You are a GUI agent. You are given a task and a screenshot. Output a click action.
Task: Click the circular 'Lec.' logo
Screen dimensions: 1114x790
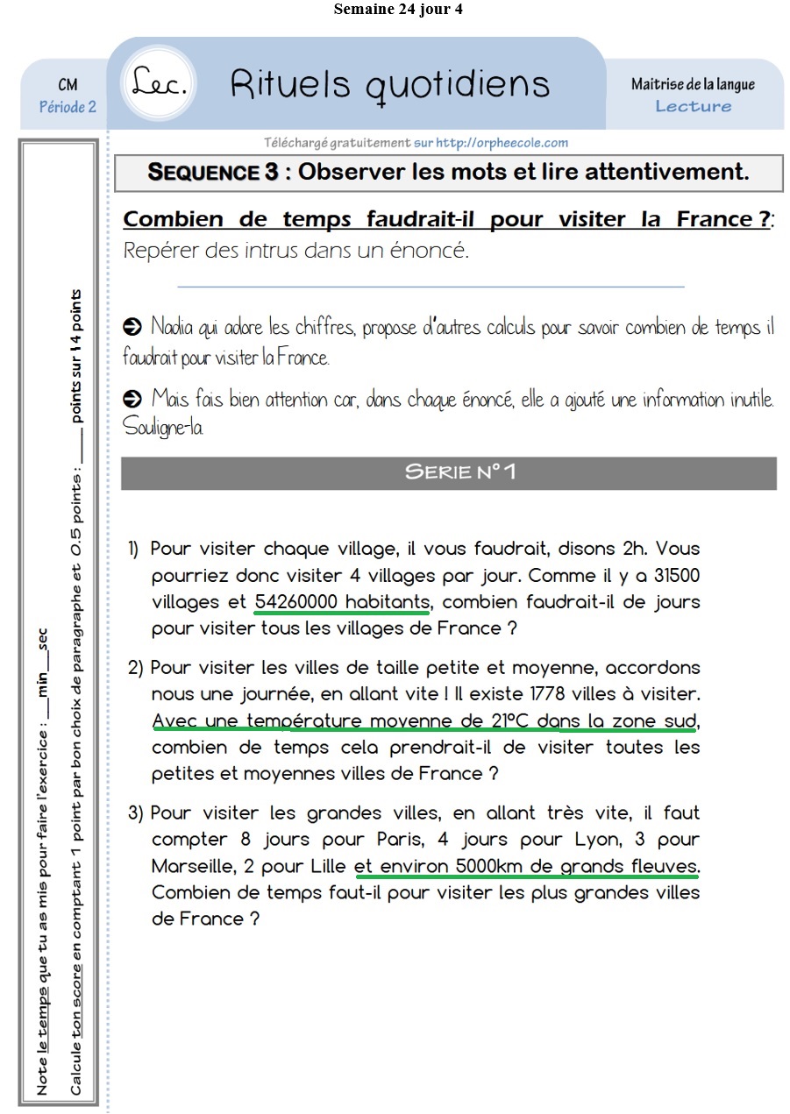click(x=160, y=82)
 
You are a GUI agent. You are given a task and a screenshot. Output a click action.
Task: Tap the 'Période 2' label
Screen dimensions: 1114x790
click(x=68, y=107)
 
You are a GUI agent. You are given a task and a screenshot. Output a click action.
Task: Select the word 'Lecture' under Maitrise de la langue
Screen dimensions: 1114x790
click(x=693, y=106)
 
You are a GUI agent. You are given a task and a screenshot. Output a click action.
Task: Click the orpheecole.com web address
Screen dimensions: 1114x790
click(x=502, y=142)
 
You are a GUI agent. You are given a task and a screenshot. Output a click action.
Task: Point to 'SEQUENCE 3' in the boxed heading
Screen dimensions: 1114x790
click(x=212, y=172)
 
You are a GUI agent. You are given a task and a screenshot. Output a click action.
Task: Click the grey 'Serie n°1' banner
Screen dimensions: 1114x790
click(x=448, y=472)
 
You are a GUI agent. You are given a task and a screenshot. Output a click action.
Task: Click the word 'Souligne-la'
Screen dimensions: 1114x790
click(x=163, y=428)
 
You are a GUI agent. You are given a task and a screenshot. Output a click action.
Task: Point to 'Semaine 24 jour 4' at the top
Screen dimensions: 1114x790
click(x=398, y=10)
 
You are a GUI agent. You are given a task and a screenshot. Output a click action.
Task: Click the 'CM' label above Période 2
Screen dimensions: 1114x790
click(x=68, y=85)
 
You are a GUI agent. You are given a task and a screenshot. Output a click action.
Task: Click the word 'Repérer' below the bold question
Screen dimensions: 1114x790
click(x=161, y=251)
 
